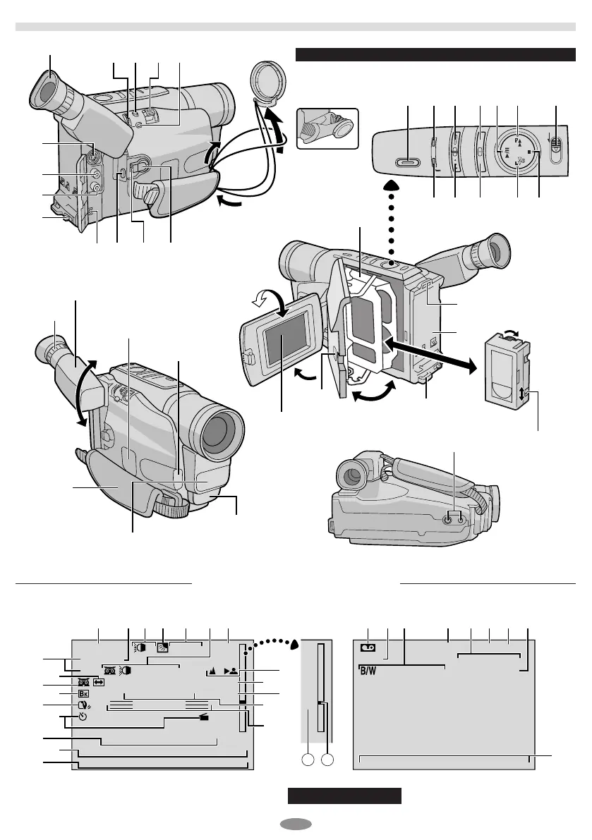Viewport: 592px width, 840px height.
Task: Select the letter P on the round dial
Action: click(x=517, y=139)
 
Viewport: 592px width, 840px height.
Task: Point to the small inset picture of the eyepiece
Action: click(x=328, y=128)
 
